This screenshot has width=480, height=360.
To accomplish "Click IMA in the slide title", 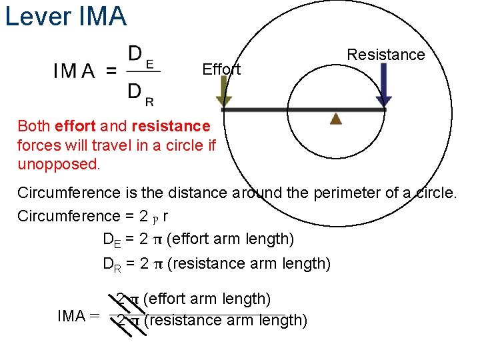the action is [102, 16].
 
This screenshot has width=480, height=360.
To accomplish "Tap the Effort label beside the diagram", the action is [221, 69].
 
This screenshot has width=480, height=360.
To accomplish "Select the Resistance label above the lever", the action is [386, 55].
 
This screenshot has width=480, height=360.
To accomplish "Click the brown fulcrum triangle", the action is [336, 119].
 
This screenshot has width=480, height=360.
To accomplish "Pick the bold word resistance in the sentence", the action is [171, 126].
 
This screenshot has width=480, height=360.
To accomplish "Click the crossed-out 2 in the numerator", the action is [121, 299].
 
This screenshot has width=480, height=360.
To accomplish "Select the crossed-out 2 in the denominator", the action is [121, 321].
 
